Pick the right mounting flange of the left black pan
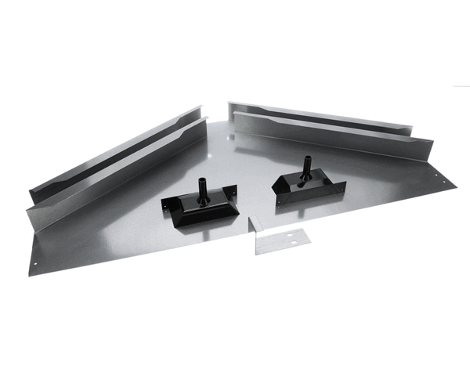pyautogui.click(x=232, y=190)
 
